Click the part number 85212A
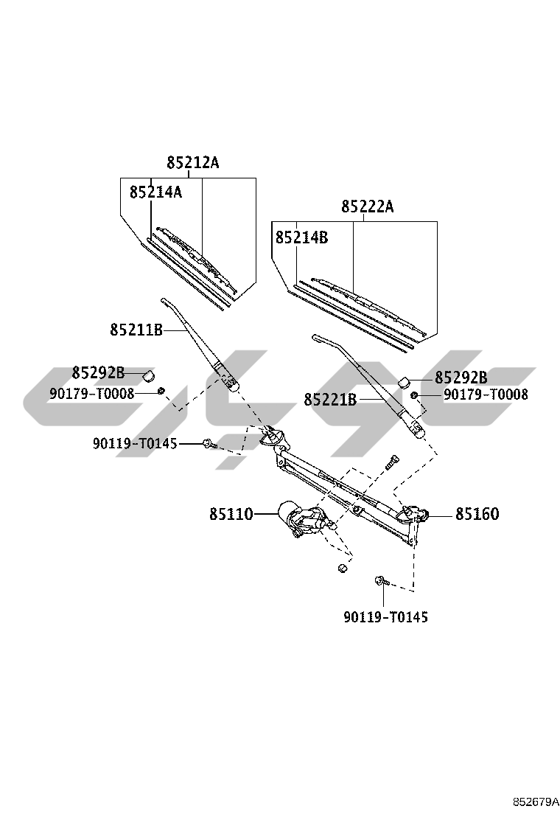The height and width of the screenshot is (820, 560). coord(192,163)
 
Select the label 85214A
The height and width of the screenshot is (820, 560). coord(155,192)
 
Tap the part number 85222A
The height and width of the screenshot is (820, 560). coord(367,207)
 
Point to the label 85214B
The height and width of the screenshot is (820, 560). coord(301,238)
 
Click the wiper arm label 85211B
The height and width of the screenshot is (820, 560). coord(136,330)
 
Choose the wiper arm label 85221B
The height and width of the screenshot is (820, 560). coord(330,400)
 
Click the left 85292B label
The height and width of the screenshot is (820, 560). coord(98,372)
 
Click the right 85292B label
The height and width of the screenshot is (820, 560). coord(461,378)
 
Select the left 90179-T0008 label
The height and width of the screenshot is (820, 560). coord(92,394)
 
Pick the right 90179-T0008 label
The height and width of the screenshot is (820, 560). coord(486,395)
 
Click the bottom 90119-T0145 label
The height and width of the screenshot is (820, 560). coord(385,616)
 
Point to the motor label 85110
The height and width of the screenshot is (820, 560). coord(231,514)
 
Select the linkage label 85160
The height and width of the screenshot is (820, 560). coord(477,514)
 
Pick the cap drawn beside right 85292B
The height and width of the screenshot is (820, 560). coord(405,381)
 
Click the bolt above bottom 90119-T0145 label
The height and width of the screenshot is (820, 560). coord(381,582)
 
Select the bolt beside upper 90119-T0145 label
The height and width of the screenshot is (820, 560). coord(209,444)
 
